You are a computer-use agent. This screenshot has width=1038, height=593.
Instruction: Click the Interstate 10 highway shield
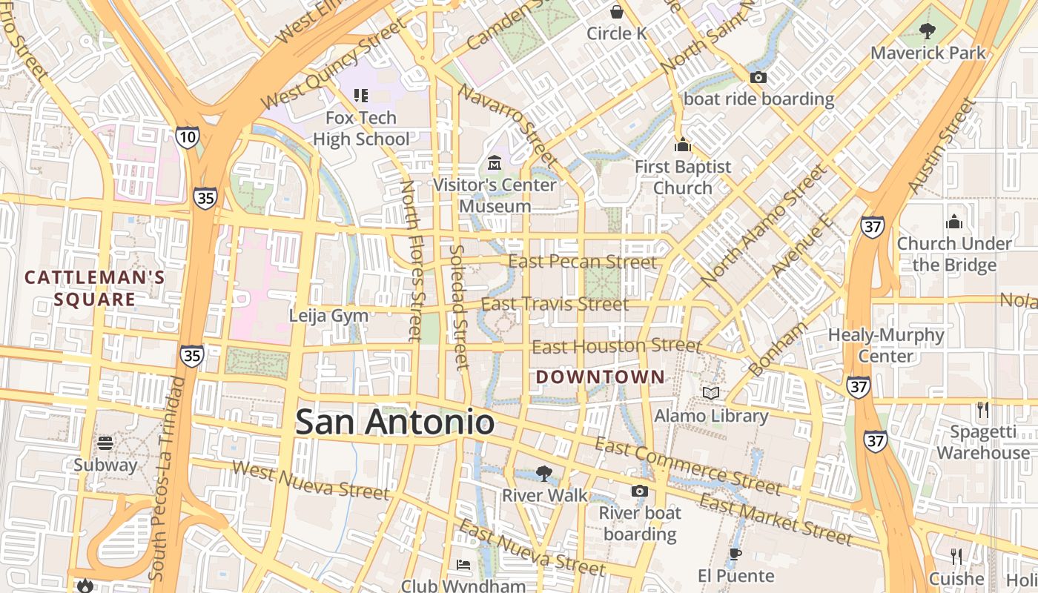(x=188, y=136)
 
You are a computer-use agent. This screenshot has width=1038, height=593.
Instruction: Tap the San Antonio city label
(x=394, y=423)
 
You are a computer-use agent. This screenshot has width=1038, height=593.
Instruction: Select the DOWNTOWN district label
(x=601, y=377)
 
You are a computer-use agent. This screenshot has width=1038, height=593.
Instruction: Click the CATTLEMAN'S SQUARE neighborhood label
(x=94, y=288)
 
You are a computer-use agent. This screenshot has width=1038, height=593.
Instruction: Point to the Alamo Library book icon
(x=711, y=393)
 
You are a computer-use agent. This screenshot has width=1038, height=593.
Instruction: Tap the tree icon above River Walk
(x=544, y=473)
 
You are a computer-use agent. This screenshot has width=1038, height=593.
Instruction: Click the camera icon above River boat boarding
(x=639, y=491)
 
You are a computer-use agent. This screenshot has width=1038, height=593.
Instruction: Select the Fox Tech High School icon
(x=361, y=95)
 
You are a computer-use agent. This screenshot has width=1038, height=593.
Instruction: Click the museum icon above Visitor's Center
(x=495, y=162)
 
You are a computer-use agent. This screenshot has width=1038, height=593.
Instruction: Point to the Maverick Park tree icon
(x=927, y=30)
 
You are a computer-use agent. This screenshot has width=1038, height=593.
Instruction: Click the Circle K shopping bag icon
(x=616, y=11)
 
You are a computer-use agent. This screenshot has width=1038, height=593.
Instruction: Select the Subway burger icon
(x=105, y=443)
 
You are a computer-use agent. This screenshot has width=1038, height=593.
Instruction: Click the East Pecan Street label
(x=582, y=262)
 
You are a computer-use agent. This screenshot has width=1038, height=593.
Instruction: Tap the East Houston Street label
(x=616, y=346)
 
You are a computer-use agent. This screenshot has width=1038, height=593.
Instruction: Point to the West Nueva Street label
(x=310, y=479)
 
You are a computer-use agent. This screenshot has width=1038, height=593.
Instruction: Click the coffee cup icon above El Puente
(x=735, y=554)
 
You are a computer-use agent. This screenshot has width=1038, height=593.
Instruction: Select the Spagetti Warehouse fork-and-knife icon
(x=983, y=409)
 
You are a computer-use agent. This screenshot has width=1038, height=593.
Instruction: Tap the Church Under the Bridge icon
(x=953, y=221)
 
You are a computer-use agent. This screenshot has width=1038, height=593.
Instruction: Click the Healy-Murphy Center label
(x=886, y=345)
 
